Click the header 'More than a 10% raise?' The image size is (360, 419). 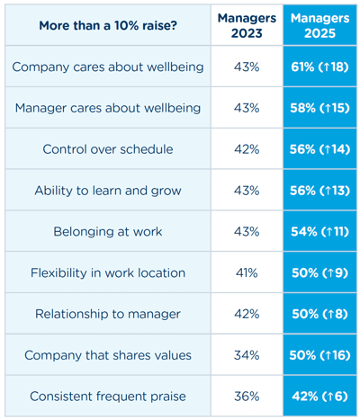pos(108,25)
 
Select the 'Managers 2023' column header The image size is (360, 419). pos(248,25)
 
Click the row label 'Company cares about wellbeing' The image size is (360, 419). pos(108,67)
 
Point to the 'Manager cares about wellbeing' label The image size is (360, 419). pos(108,108)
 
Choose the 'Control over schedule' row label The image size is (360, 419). pos(108,149)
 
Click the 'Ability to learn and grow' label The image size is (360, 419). pos(108,191)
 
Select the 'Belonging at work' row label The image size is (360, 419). pos(108,232)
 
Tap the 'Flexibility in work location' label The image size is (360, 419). pos(108,273)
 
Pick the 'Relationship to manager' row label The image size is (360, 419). pos(108,314)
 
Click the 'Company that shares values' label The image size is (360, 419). pos(108,355)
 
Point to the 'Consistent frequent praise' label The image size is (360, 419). pos(108,397)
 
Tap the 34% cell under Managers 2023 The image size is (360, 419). pos(248,355)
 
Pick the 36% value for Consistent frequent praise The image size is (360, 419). pos(248,397)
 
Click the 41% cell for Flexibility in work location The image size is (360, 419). pos(248,273)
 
